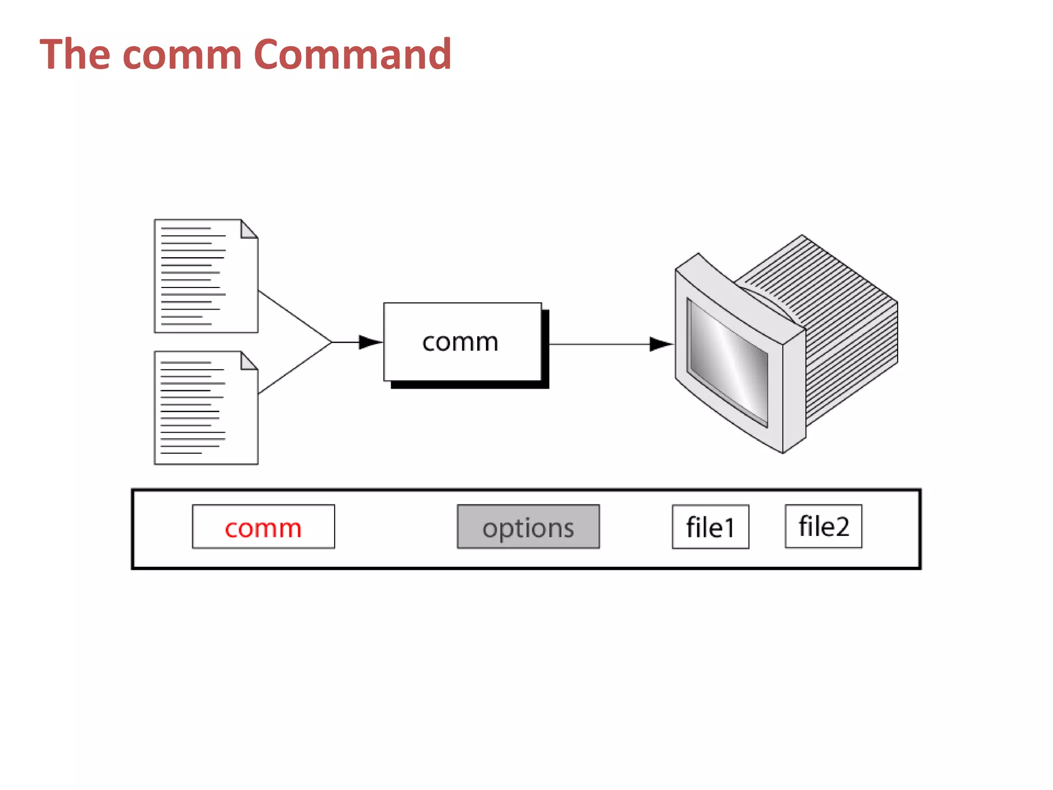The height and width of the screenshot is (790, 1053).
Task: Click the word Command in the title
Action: tap(353, 54)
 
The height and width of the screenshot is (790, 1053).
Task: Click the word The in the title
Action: tap(75, 54)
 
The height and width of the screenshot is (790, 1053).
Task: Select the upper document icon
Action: tap(206, 276)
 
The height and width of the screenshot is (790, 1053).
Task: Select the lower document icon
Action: tap(206, 408)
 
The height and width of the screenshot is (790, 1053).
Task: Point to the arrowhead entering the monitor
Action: tap(661, 344)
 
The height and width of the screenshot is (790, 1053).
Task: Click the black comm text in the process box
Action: tap(460, 342)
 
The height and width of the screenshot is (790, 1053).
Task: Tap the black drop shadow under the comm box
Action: tap(469, 385)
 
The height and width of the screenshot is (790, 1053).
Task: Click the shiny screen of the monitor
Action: tap(728, 363)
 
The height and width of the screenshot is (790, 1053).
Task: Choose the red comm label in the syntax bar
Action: tap(263, 528)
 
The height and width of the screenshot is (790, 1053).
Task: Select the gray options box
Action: tap(528, 527)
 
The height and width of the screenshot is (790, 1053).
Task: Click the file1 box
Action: tap(710, 527)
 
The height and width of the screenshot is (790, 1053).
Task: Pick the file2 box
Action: tap(823, 526)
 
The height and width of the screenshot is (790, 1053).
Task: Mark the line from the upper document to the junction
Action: tap(295, 316)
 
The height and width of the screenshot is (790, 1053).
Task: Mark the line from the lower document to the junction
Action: tap(295, 368)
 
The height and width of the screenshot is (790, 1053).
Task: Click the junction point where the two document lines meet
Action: tap(332, 342)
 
